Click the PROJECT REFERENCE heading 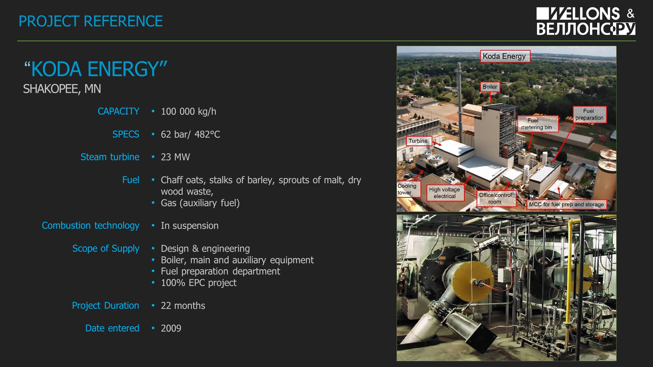click(91, 21)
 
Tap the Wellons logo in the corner click(586, 21)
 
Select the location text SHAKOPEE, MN click(62, 89)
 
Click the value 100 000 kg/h click(189, 111)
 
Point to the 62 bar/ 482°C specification click(190, 134)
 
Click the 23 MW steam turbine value click(175, 157)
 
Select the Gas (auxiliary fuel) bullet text click(200, 203)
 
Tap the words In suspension click(190, 226)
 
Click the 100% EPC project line click(199, 283)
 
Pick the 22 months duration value click(183, 306)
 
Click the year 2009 click(171, 328)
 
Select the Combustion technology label click(91, 226)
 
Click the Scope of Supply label click(106, 248)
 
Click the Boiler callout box click(490, 87)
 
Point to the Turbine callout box click(419, 141)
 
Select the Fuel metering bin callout click(537, 124)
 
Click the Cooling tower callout click(408, 189)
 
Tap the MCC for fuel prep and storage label click(567, 204)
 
